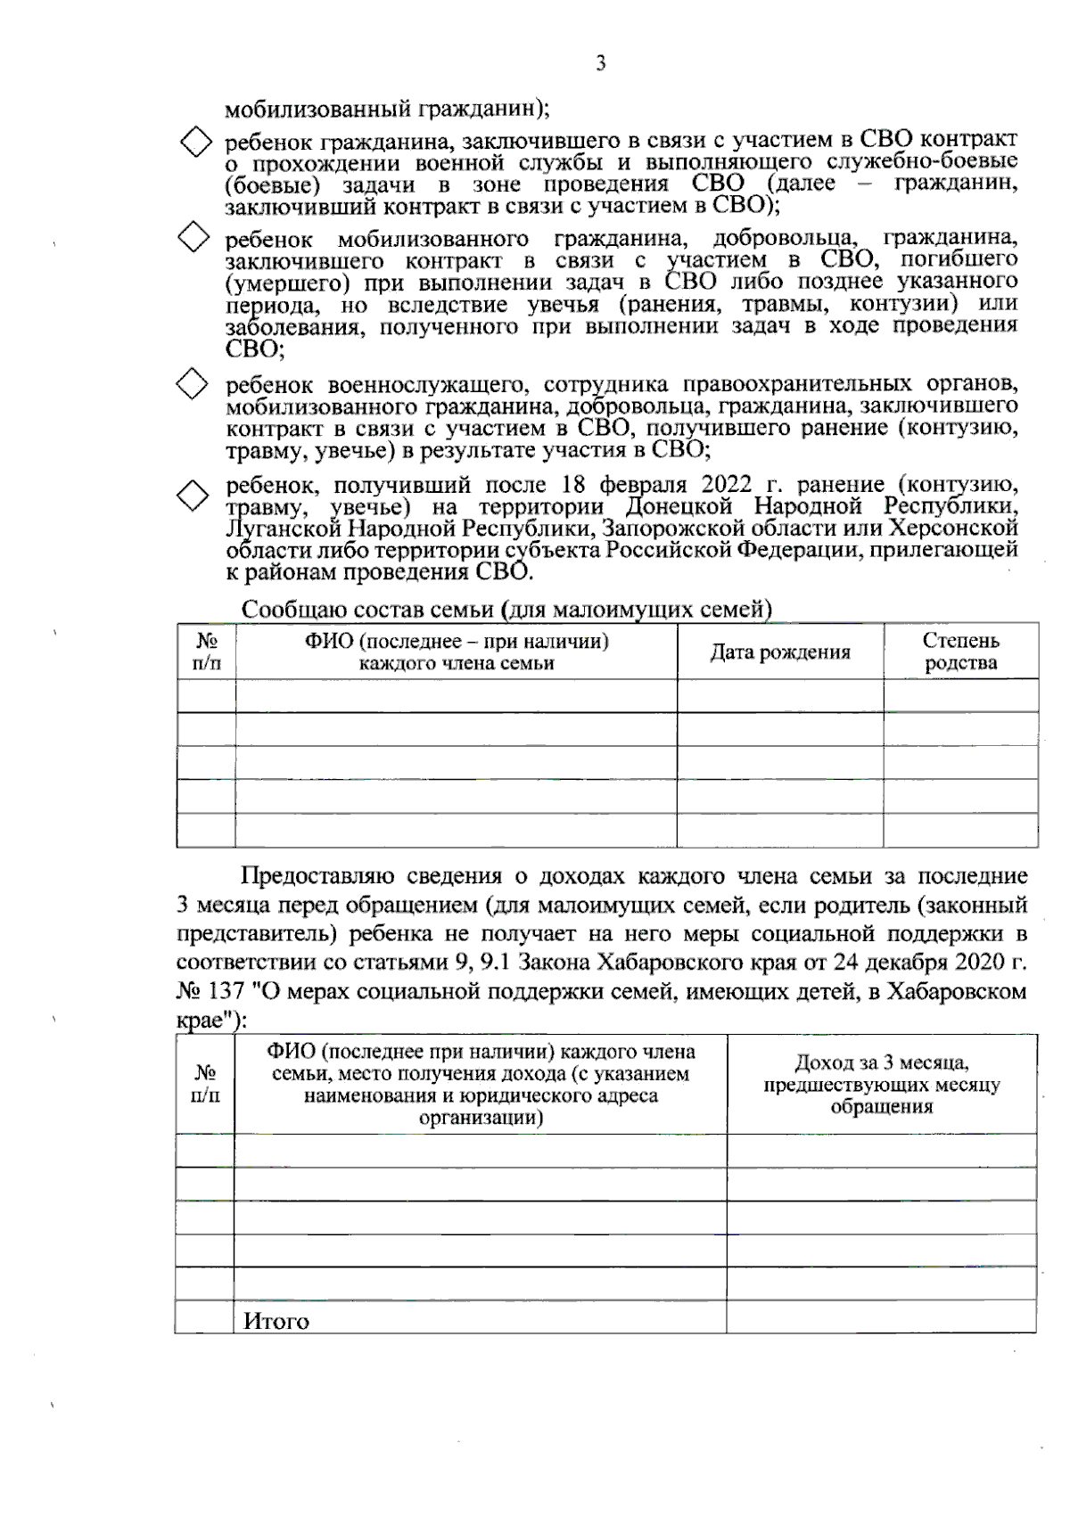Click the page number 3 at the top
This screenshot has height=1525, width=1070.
(600, 64)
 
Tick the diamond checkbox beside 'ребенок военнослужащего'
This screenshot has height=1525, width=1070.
(193, 385)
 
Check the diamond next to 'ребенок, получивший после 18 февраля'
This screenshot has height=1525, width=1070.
(193, 495)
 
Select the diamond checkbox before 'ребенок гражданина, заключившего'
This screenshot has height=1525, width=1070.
(195, 143)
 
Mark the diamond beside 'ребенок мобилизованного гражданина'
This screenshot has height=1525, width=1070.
(193, 237)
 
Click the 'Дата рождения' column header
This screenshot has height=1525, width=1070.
(779, 652)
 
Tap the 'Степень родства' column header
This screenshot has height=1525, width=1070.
(960, 652)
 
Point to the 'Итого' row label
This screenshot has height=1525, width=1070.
(276, 1321)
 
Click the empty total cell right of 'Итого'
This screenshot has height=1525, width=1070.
(881, 1317)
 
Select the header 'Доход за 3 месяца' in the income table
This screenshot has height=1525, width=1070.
(881, 1084)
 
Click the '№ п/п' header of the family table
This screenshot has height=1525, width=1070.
(206, 652)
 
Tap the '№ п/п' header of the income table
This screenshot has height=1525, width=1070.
(205, 1084)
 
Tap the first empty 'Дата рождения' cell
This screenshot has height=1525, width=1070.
(779, 696)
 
